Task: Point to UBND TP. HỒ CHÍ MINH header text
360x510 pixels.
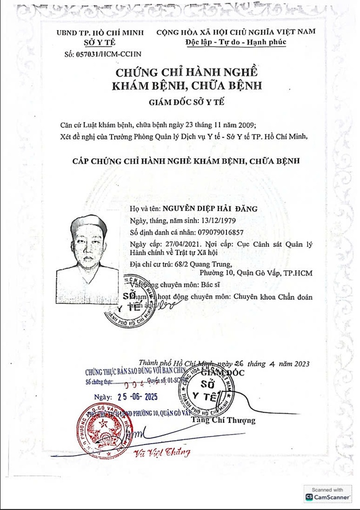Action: pos(100,32)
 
